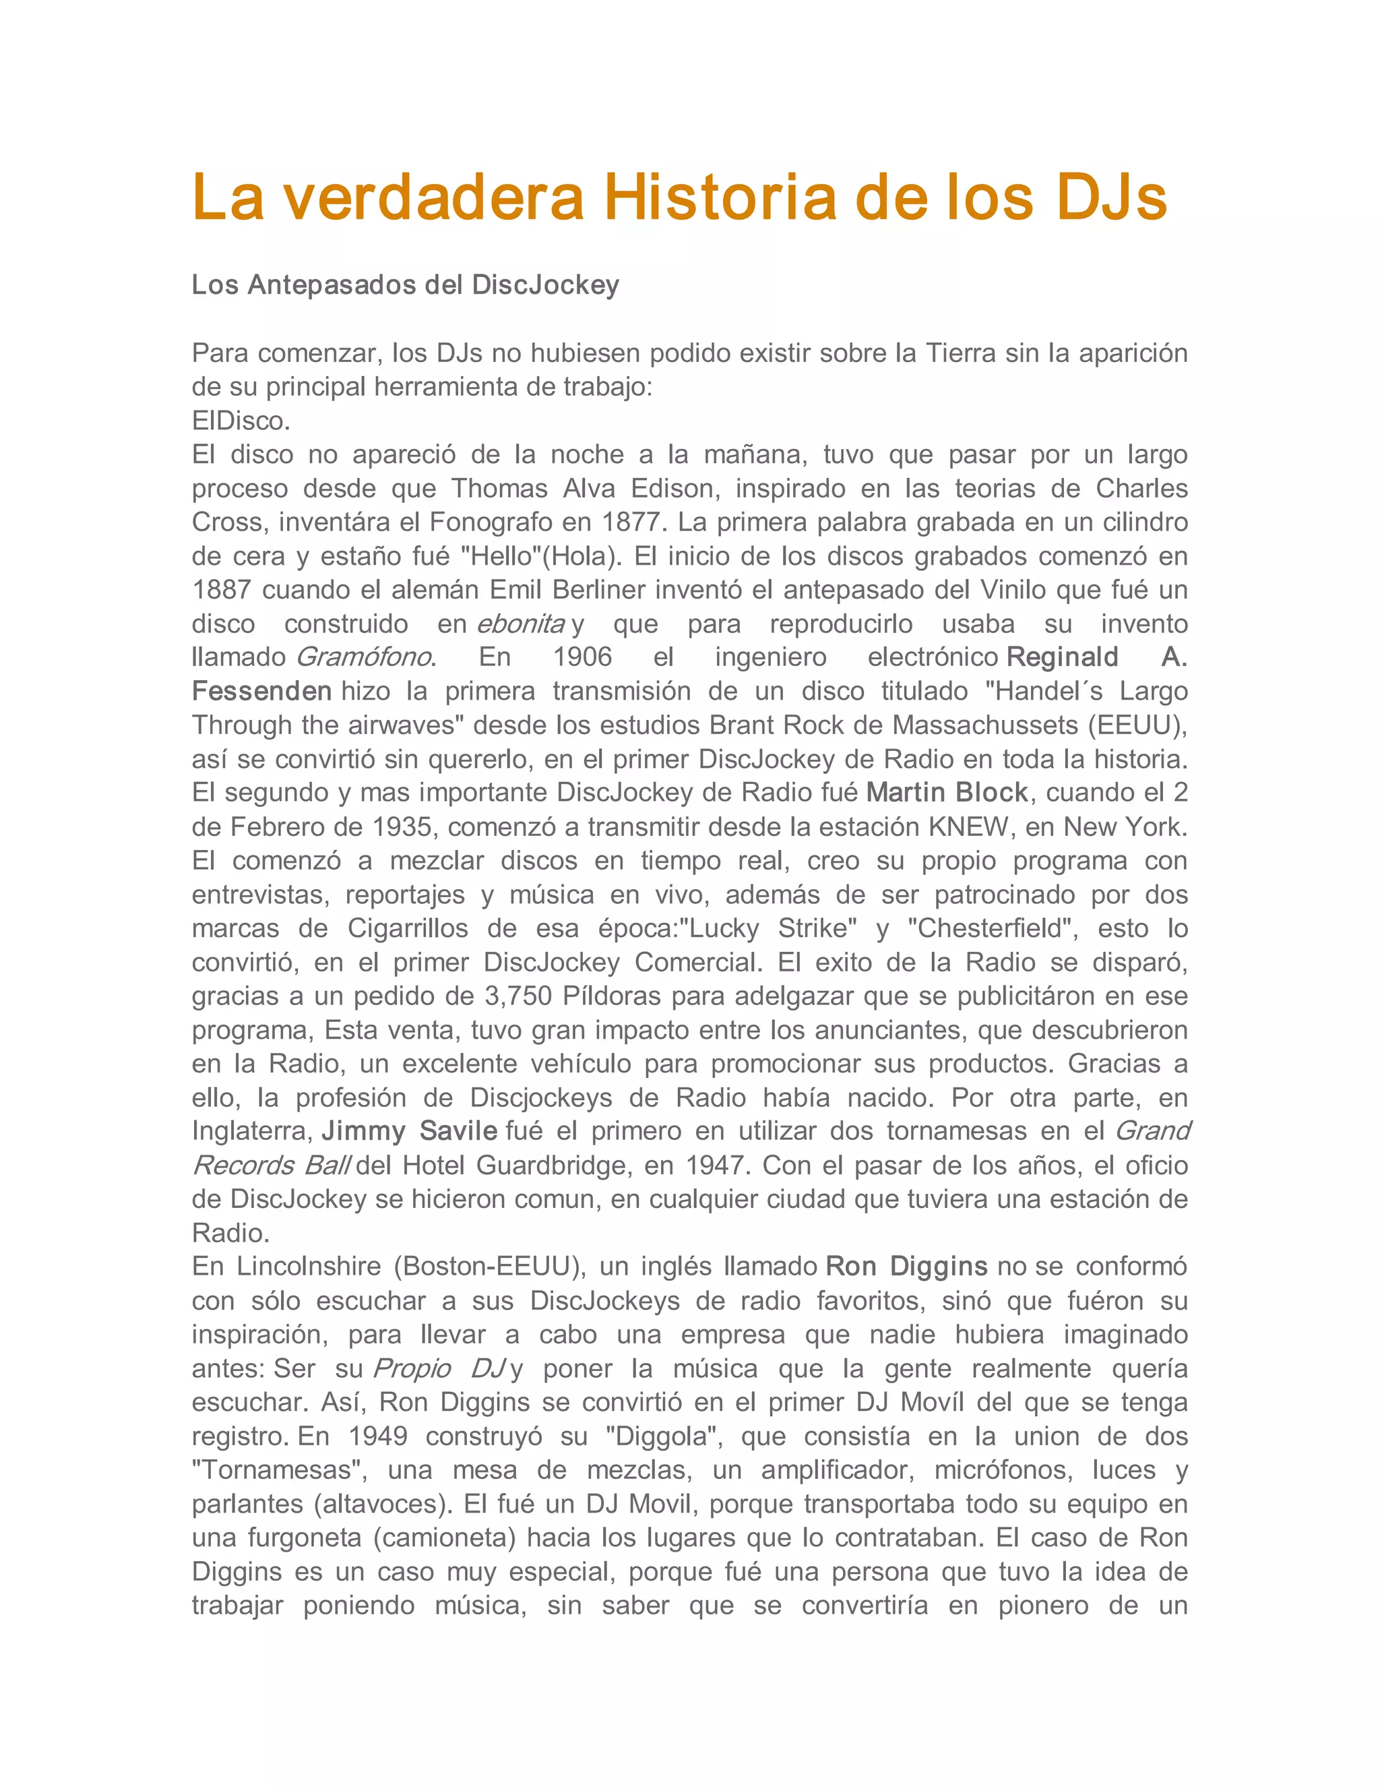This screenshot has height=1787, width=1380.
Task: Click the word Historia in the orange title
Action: coord(720,198)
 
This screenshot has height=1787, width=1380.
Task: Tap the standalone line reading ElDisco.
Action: coord(241,421)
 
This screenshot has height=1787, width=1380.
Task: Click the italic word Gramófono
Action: coord(363,657)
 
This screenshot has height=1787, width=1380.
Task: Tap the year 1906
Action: coord(582,657)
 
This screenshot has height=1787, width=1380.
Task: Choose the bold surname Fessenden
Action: coord(261,692)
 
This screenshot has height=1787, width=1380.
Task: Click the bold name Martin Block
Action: coord(947,793)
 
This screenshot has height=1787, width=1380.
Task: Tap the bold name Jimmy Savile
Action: coord(409,1132)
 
